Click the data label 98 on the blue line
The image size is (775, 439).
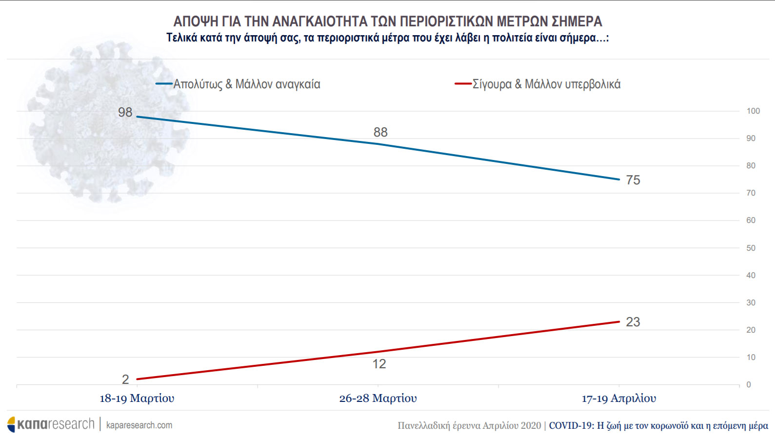(x=125, y=112)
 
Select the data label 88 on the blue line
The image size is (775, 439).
(x=380, y=132)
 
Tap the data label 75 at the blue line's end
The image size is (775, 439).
(x=633, y=180)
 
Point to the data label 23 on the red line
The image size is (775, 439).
(x=633, y=322)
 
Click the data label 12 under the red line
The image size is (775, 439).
(x=379, y=364)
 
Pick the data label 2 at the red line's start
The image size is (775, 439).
(x=125, y=379)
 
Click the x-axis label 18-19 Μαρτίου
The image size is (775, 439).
(x=137, y=399)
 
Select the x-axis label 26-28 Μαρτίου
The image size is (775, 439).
(x=378, y=399)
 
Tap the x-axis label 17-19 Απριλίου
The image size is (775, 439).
(x=619, y=399)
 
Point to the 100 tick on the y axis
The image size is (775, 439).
(x=753, y=111)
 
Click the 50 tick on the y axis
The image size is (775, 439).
(x=751, y=248)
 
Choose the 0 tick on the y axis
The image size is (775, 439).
(x=749, y=385)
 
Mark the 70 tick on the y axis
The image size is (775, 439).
(x=751, y=193)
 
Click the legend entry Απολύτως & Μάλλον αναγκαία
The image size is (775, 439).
(x=247, y=84)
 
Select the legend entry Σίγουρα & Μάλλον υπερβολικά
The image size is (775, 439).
(x=546, y=84)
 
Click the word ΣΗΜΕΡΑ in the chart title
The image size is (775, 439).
(x=576, y=21)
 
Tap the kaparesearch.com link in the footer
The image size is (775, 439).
(x=139, y=425)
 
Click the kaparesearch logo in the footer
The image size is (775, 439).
(x=51, y=424)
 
